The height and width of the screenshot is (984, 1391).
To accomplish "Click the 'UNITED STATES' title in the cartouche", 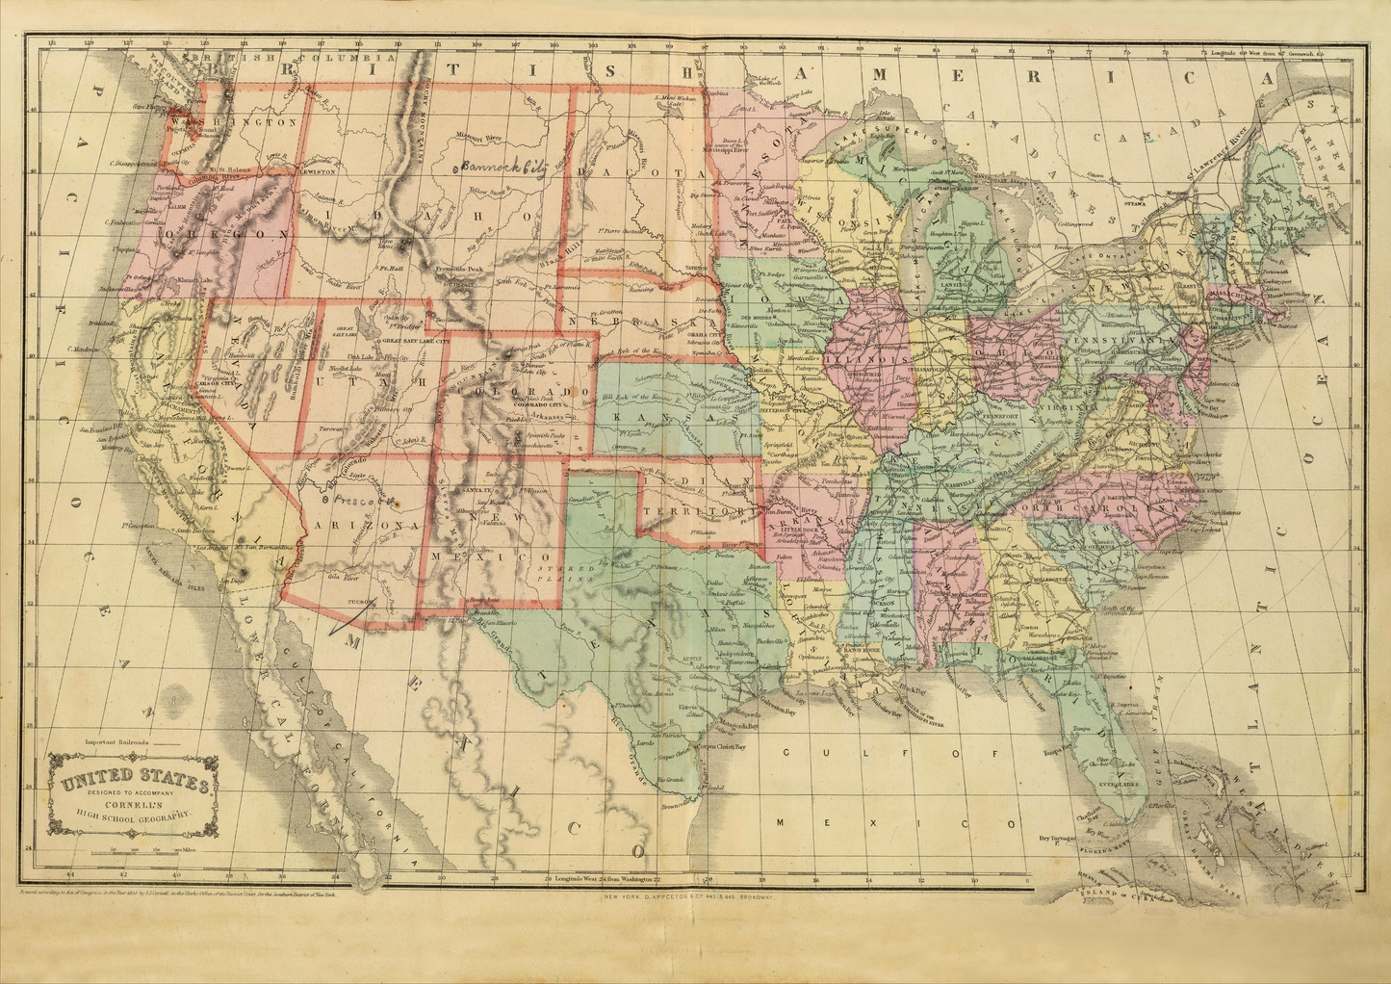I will tap(136, 781).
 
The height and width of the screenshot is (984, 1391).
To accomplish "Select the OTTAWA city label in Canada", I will tap(1139, 203).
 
